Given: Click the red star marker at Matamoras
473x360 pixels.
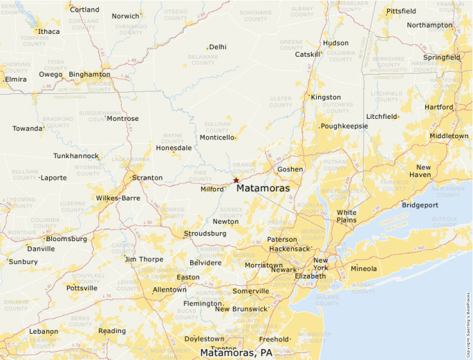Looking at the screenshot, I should [x=236, y=180].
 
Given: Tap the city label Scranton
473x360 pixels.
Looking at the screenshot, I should [x=147, y=178].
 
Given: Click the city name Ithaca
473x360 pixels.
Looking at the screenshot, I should [x=49, y=31].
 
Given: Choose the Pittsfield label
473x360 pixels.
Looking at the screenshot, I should [x=401, y=11].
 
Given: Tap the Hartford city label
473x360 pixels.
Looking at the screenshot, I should [x=439, y=107].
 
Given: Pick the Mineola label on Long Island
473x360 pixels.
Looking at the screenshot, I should [x=364, y=268].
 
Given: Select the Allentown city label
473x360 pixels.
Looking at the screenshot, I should [x=169, y=290].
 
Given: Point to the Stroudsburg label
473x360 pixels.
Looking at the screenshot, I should [x=205, y=234].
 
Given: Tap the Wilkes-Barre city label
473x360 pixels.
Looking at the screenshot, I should [x=118, y=198].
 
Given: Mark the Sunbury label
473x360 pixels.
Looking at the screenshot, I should [x=24, y=261].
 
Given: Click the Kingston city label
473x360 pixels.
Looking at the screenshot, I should [x=326, y=97].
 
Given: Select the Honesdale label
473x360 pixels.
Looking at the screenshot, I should [x=174, y=148].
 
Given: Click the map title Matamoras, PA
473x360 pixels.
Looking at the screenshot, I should [x=236, y=353].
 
